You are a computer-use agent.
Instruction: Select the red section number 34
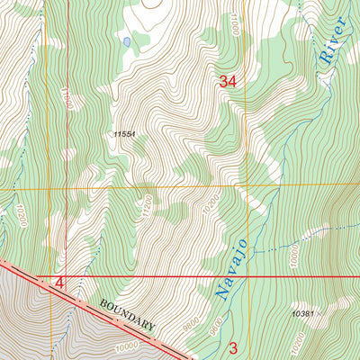(228, 82)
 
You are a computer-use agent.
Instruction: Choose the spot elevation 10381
(302, 314)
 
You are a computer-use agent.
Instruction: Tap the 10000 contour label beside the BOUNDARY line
(125, 344)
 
